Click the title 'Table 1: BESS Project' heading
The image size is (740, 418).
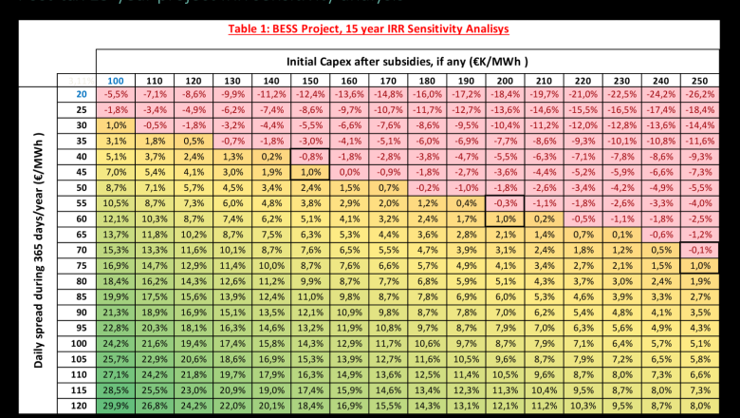[369, 29]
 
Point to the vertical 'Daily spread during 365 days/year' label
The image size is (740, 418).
[39, 247]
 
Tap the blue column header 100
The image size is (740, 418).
[116, 81]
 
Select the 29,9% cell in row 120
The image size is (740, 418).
[116, 406]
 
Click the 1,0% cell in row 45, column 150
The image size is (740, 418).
[309, 173]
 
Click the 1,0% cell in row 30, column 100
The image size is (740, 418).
[116, 126]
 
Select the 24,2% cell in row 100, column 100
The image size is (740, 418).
[116, 344]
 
